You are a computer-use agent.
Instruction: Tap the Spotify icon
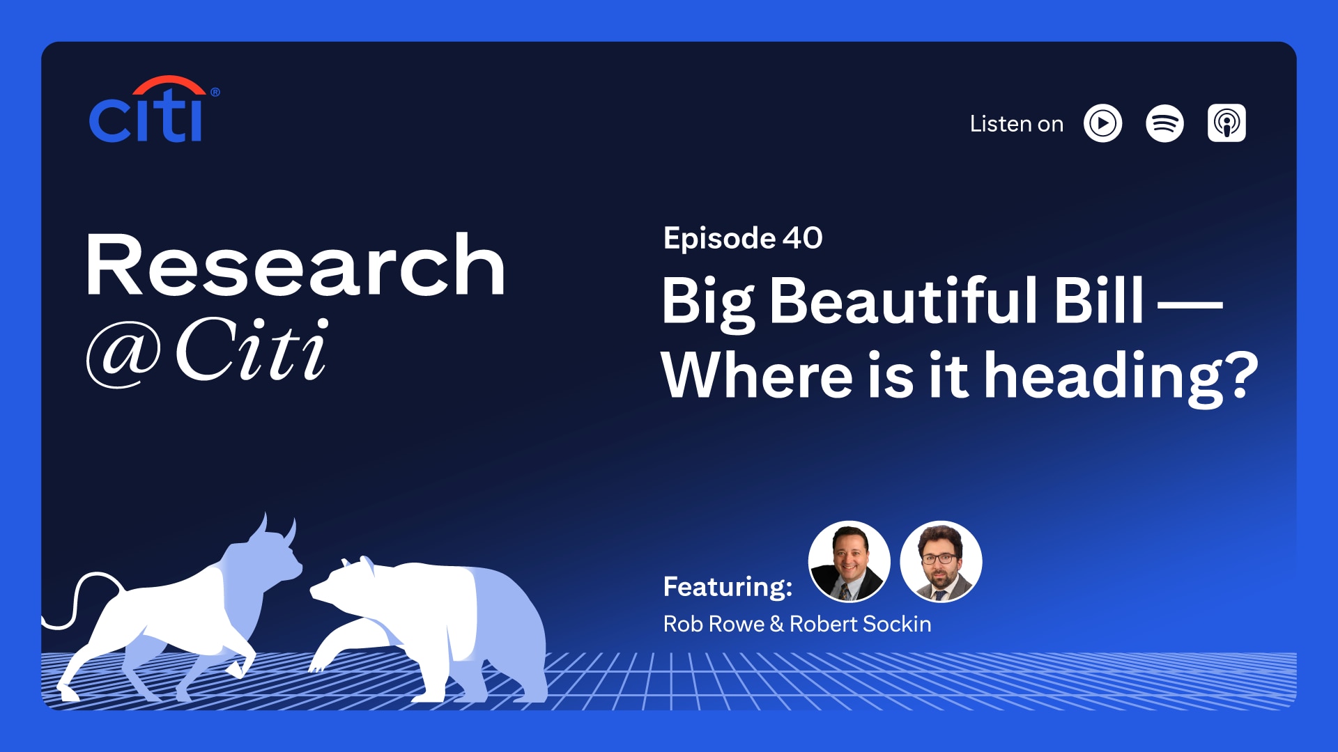tap(1164, 124)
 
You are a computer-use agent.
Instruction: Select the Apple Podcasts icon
tap(1226, 124)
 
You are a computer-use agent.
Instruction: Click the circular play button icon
tap(1102, 124)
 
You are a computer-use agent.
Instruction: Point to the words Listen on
tap(1016, 124)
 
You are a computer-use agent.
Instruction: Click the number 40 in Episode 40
tap(802, 238)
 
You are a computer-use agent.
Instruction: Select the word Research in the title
tap(295, 266)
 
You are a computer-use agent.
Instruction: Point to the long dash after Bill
tap(1190, 305)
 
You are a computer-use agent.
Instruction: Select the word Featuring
tap(727, 586)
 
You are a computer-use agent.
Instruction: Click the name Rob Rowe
tap(714, 624)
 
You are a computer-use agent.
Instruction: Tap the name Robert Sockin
tap(860, 624)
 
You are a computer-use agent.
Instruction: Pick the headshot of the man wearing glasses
tap(941, 561)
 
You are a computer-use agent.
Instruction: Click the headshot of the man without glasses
tap(849, 561)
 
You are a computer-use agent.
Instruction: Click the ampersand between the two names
tap(776, 624)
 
